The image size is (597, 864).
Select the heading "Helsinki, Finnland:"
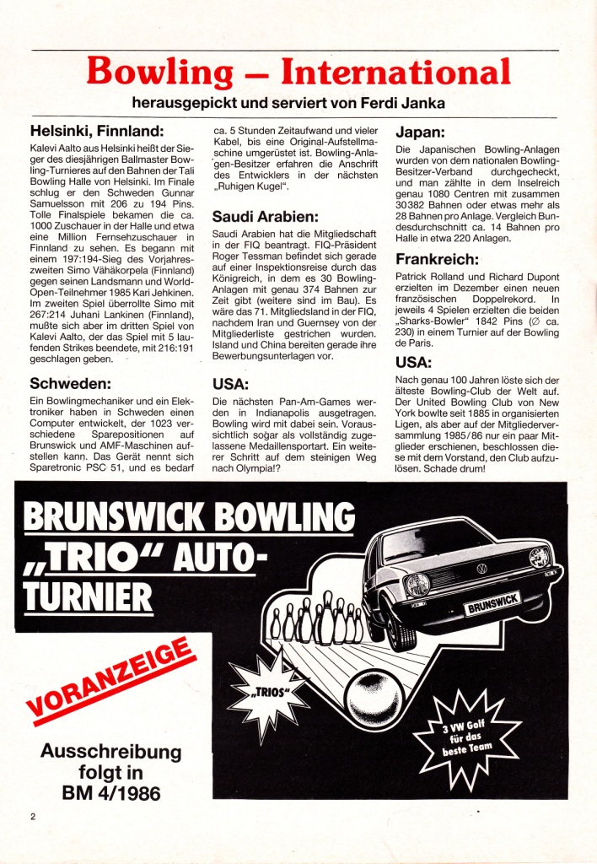click(96, 132)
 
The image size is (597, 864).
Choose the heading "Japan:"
click(422, 132)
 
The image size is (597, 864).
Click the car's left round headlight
click(417, 585)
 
